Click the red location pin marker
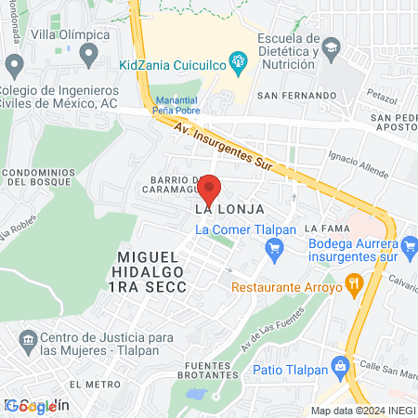coord(210,189)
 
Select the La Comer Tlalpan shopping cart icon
coord(273,248)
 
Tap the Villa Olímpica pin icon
coord(88,55)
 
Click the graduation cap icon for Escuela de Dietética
coord(331,46)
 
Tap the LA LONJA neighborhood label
coord(222,209)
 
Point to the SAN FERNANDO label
coord(296,96)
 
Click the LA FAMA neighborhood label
coord(326,228)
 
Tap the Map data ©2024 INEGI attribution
coord(362,411)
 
